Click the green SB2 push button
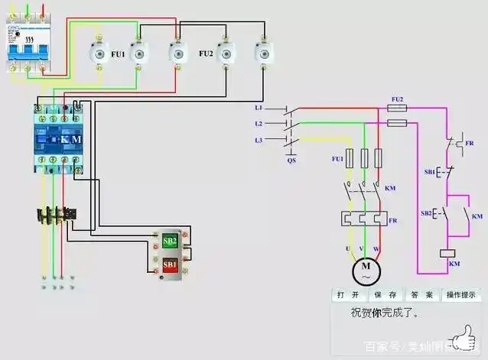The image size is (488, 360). pos(169,241)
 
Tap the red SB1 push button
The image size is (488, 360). pos(169,264)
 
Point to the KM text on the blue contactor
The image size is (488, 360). pos(71,140)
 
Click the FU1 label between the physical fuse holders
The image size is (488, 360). pos(118,54)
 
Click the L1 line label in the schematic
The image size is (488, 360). pos(259,109)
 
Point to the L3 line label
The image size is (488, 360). pos(259,139)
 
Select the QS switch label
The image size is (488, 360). pos(291,161)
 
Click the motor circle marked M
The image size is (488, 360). pos(365,269)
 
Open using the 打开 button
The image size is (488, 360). pos(348,295)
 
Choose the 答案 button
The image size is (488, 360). pos(421,295)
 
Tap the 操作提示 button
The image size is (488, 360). pos(461,295)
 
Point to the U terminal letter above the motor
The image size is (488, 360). pos(349,250)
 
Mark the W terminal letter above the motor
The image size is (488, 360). pos(376,250)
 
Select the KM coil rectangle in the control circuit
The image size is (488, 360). pos(449,253)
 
